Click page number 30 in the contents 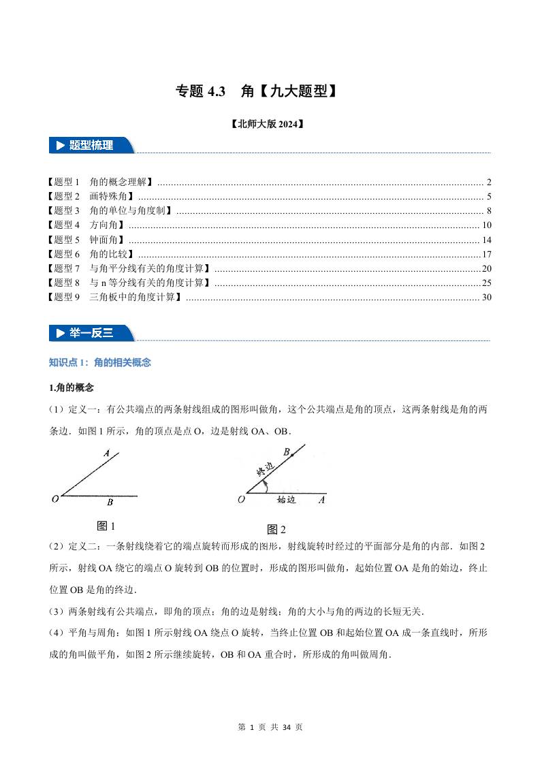click(x=486, y=297)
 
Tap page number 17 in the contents click(x=486, y=254)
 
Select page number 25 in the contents click(x=486, y=283)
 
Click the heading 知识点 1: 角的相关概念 click(x=100, y=362)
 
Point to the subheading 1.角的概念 click(x=72, y=387)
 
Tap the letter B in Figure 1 click(x=110, y=503)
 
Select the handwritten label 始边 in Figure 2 click(x=286, y=499)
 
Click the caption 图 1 click(x=107, y=526)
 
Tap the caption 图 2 click(x=276, y=529)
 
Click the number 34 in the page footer click(x=287, y=727)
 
